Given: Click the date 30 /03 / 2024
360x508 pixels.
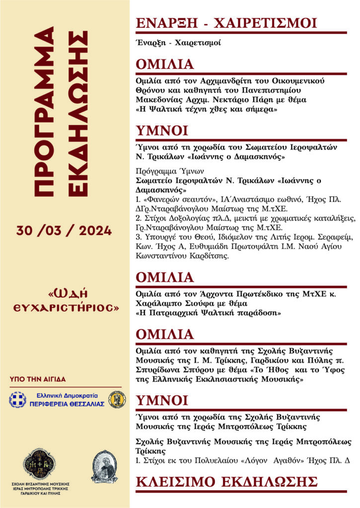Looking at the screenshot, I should click(x=64, y=230).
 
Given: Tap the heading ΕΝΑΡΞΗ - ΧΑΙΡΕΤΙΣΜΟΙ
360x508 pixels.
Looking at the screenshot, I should click(x=226, y=23).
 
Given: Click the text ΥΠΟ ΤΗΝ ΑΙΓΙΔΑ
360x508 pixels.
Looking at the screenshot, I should click(x=38, y=379).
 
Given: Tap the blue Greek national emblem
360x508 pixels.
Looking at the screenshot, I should click(x=18, y=400).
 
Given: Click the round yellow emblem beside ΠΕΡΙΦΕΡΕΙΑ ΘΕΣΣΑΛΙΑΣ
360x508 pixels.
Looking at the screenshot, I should click(x=118, y=399).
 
